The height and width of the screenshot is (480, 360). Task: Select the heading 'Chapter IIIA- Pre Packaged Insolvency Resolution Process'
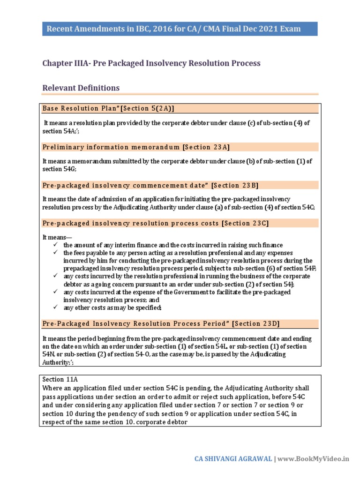pos(151,63)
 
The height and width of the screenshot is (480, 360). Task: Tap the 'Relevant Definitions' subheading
pos(81,88)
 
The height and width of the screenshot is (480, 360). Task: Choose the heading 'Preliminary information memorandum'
pos(111,147)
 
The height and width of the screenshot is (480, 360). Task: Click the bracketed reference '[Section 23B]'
pos(235,185)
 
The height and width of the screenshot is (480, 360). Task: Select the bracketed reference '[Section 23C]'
pos(245,223)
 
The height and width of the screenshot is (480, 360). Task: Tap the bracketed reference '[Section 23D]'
pos(256,324)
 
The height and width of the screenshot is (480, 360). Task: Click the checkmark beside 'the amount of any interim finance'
pos(55,245)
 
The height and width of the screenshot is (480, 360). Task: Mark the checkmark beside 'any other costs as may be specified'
pos(55,307)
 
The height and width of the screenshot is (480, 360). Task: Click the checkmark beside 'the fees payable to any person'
pos(55,253)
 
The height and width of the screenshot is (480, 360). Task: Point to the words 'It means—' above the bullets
pos(57,238)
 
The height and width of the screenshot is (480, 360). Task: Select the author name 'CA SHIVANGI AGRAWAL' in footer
pos(233,459)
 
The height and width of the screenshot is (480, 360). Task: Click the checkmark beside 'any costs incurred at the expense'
pos(55,292)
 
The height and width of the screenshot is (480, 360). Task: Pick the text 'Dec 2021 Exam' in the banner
pos(273,29)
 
